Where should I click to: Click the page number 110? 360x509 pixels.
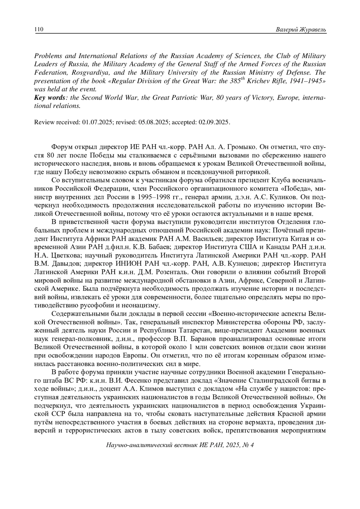coord(39,29)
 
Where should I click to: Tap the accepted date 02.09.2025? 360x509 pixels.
coord(214,122)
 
